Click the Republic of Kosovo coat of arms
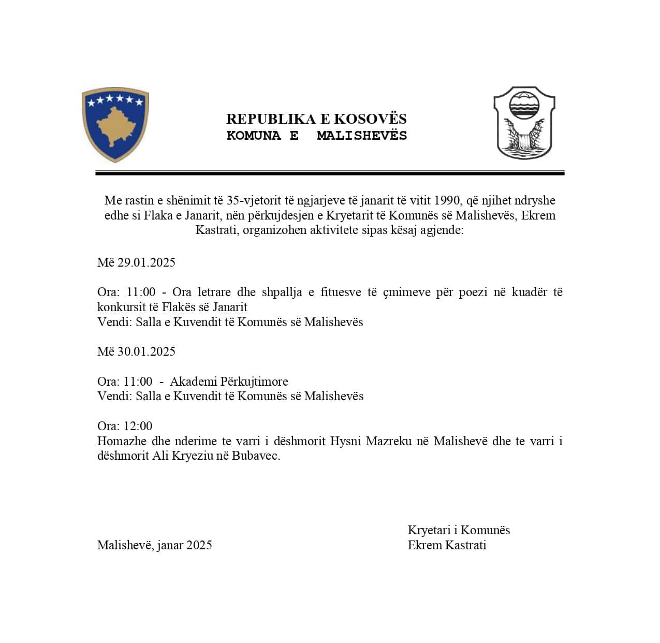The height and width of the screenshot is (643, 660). [x=115, y=125]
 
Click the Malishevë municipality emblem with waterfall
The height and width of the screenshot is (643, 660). [x=524, y=123]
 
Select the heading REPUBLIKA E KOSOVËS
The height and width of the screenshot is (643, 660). [x=316, y=119]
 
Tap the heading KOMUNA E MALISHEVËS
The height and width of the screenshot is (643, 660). [x=316, y=136]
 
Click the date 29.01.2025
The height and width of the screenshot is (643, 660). [x=146, y=262]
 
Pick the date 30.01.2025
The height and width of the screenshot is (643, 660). [x=146, y=352]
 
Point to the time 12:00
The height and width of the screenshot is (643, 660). [x=138, y=426]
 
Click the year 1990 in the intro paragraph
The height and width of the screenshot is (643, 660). [x=447, y=200]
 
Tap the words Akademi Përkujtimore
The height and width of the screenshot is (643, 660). [x=229, y=382]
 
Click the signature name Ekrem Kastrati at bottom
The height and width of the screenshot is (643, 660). [x=447, y=545]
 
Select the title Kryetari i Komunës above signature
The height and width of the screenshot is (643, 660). [x=459, y=530]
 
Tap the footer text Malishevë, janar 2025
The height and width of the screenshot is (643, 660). [x=154, y=545]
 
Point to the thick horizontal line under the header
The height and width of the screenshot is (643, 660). [x=330, y=173]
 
